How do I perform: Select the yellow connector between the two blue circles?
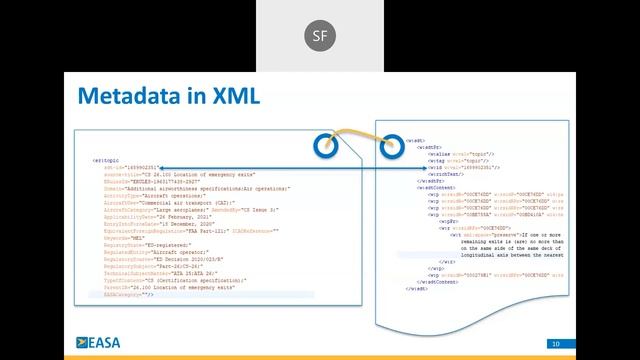[x=357, y=135]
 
